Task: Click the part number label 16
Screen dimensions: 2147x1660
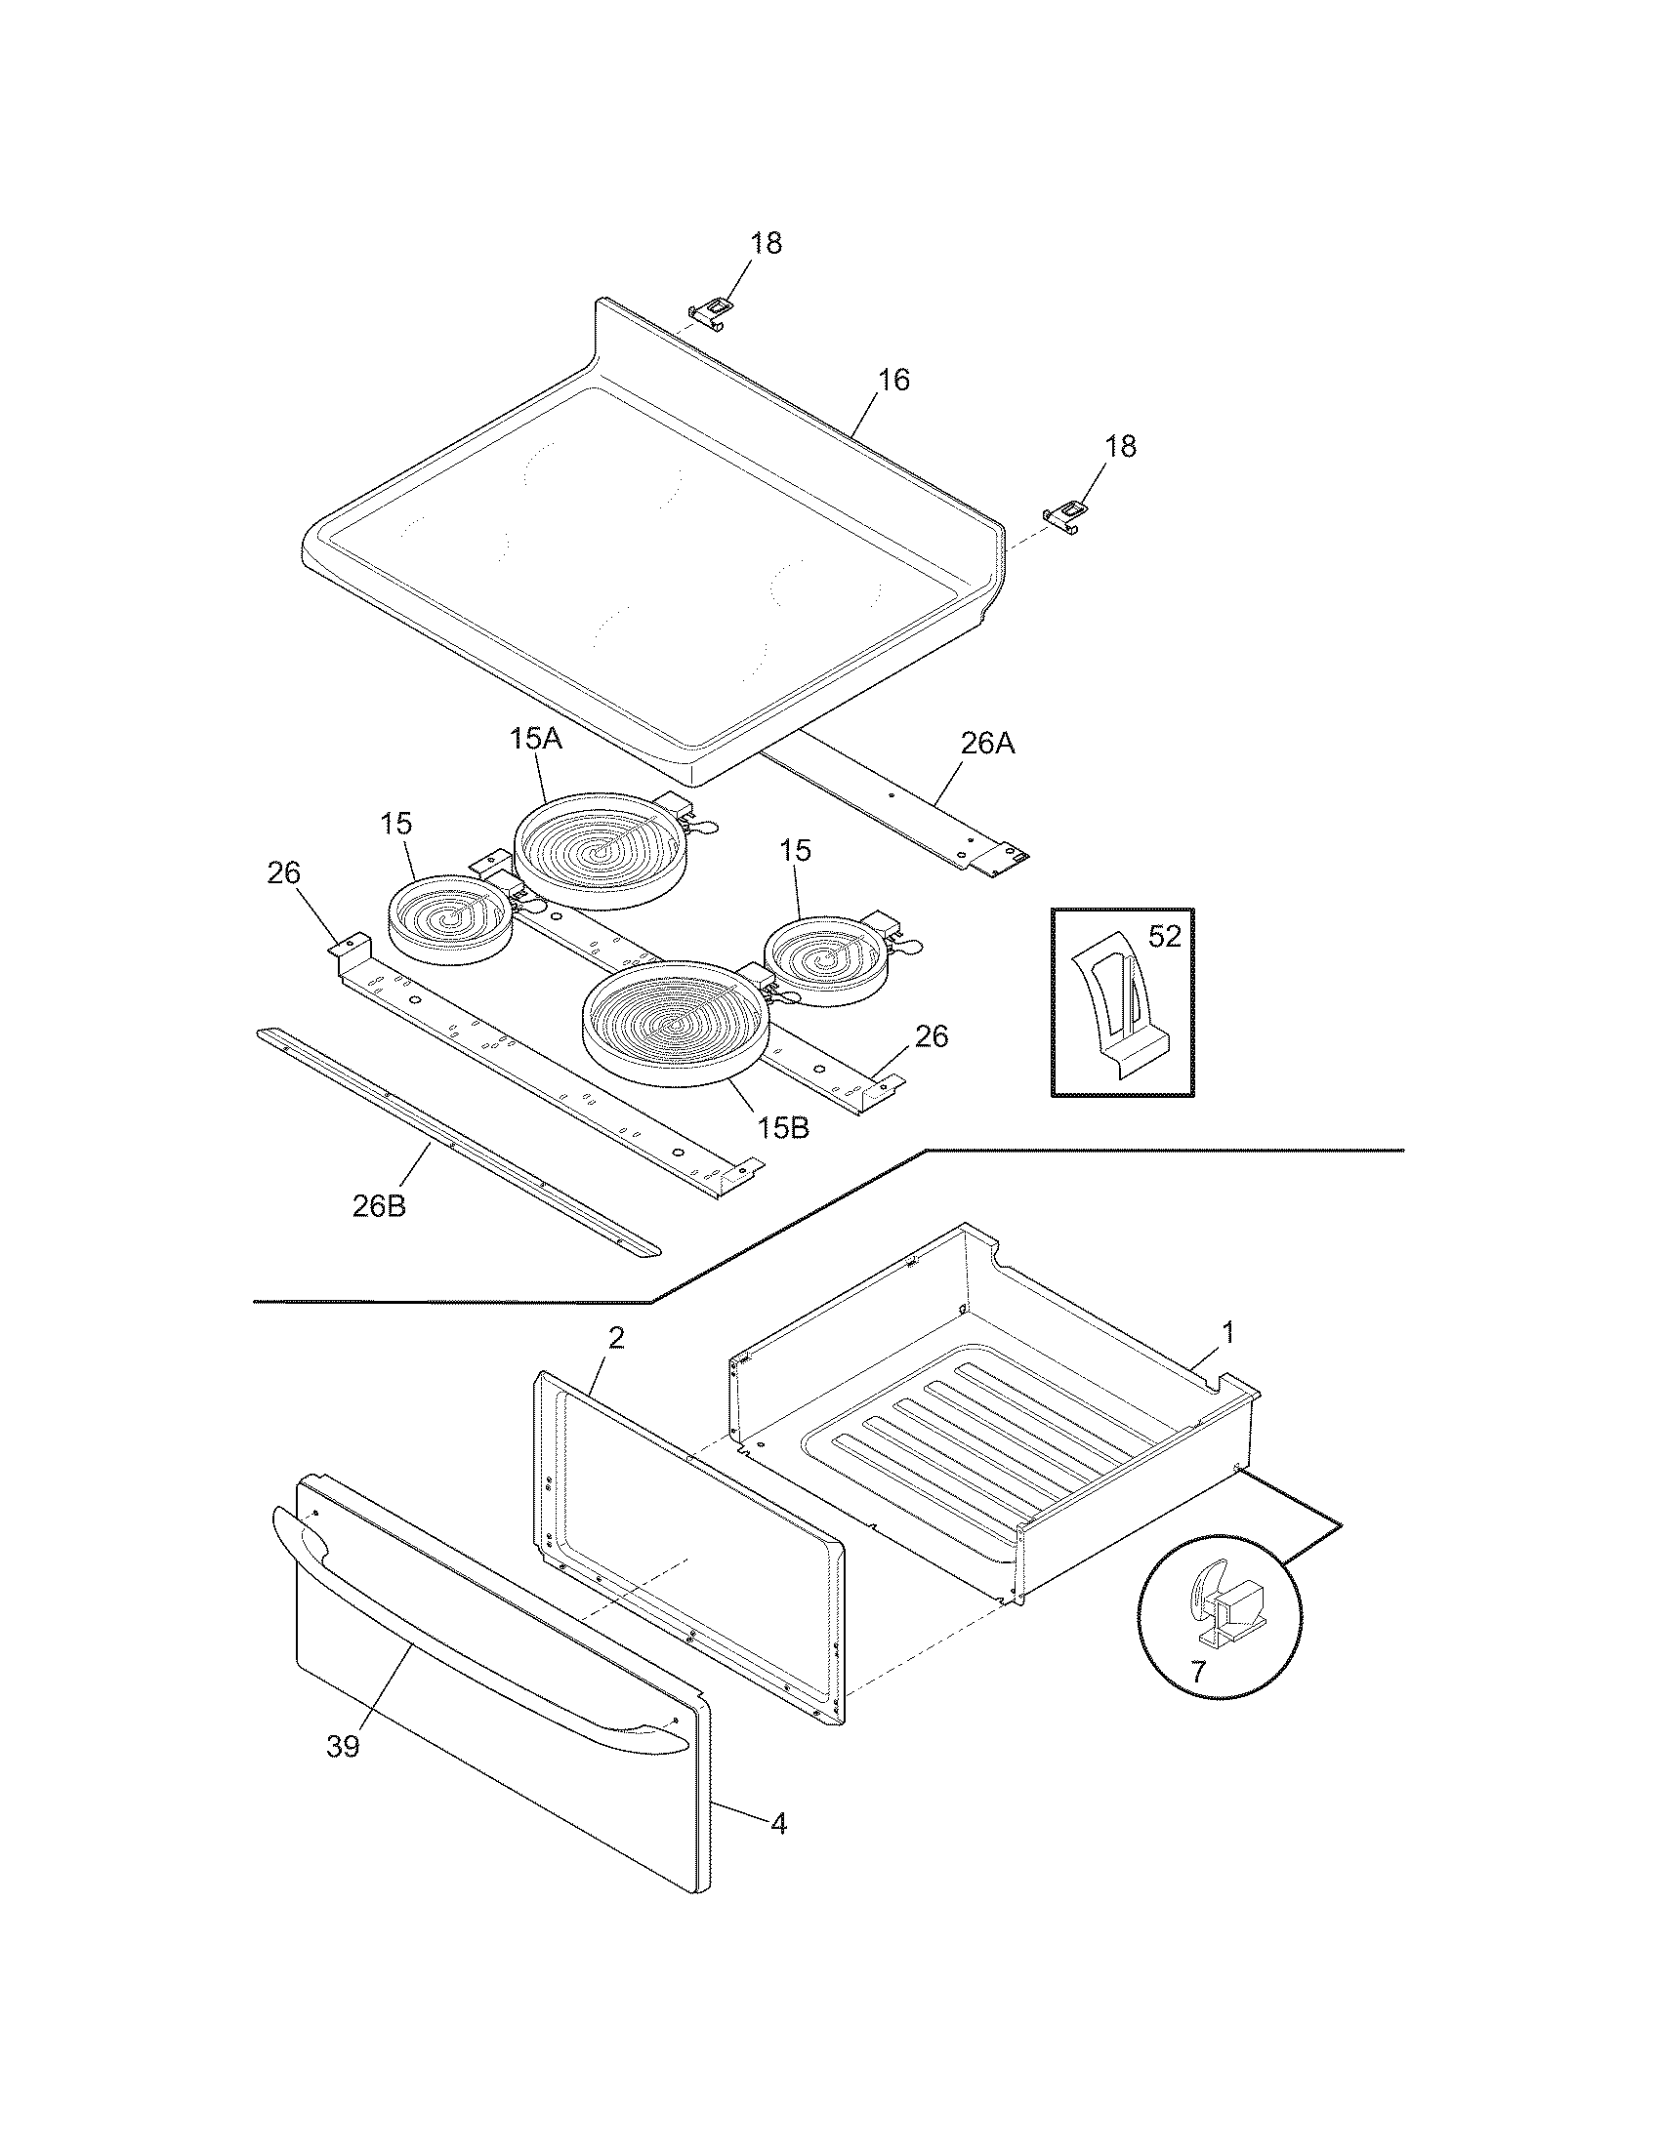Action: (892, 381)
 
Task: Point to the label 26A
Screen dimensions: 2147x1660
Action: (987, 745)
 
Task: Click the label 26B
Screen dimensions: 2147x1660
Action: (379, 1206)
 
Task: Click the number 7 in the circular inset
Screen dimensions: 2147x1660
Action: (1197, 1672)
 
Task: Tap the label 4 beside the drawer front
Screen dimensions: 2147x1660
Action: (778, 1824)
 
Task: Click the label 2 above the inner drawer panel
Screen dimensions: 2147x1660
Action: (615, 1338)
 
